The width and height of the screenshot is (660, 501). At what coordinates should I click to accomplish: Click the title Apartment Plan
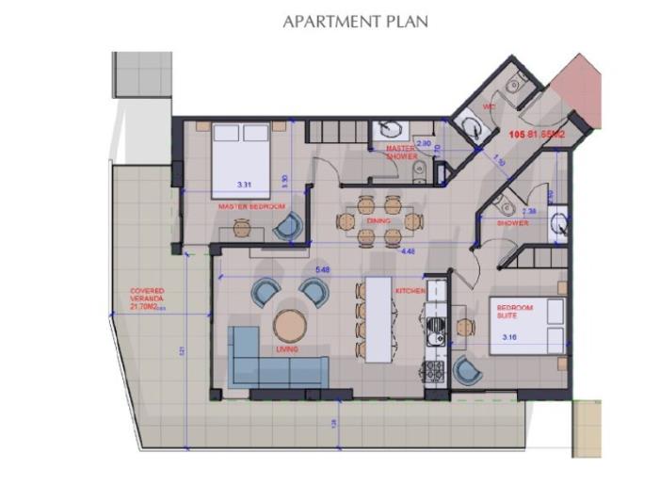pyautogui.click(x=356, y=21)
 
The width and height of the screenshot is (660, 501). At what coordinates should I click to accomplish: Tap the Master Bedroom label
pyautogui.click(x=251, y=205)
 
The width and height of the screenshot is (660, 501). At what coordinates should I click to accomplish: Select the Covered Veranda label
pyautogui.click(x=148, y=299)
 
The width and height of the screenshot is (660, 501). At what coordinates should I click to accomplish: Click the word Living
pyautogui.click(x=287, y=349)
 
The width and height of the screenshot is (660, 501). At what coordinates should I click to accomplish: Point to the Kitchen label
pyautogui.click(x=411, y=290)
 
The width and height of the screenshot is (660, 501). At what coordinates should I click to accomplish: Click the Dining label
pyautogui.click(x=378, y=221)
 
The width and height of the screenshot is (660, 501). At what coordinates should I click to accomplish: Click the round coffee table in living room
pyautogui.click(x=290, y=326)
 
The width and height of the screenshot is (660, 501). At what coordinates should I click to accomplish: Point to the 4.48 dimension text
pyautogui.click(x=408, y=251)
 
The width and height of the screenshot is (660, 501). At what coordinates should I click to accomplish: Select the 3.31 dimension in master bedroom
pyautogui.click(x=246, y=184)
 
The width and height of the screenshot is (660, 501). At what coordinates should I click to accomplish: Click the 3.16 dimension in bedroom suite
pyautogui.click(x=510, y=336)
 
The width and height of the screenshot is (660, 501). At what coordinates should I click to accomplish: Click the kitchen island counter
pyautogui.click(x=378, y=319)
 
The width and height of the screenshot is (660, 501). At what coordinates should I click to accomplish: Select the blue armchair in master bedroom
pyautogui.click(x=288, y=225)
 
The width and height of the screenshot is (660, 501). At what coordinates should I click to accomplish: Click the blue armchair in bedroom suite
pyautogui.click(x=467, y=371)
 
